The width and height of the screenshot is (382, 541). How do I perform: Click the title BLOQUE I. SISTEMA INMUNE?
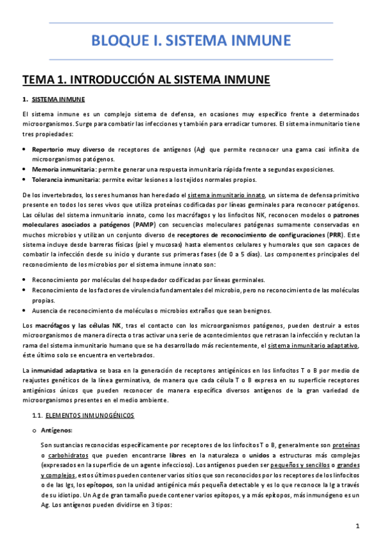[x=191, y=41]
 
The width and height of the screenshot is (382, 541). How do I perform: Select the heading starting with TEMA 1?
[x=146, y=80]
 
